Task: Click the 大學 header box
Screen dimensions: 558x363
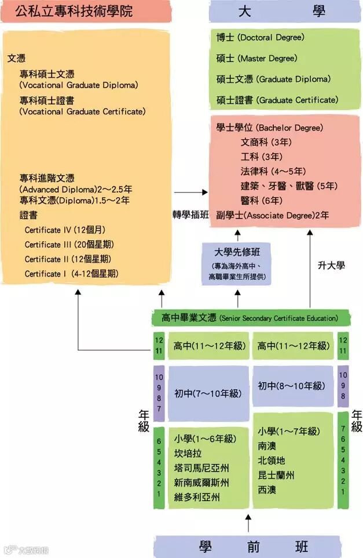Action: click(285, 11)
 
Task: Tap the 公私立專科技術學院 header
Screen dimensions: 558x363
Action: click(85, 11)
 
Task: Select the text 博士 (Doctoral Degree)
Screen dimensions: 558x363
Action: click(260, 38)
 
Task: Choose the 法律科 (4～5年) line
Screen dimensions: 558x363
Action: click(273, 171)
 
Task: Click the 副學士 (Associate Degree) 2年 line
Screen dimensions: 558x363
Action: click(272, 215)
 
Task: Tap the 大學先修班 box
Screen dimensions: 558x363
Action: click(236, 263)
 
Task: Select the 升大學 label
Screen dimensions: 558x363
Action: click(331, 265)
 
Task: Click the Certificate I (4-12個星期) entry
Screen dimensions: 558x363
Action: click(71, 274)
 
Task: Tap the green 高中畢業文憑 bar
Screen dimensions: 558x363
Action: click(252, 318)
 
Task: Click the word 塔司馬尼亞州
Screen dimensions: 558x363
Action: click(201, 468)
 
